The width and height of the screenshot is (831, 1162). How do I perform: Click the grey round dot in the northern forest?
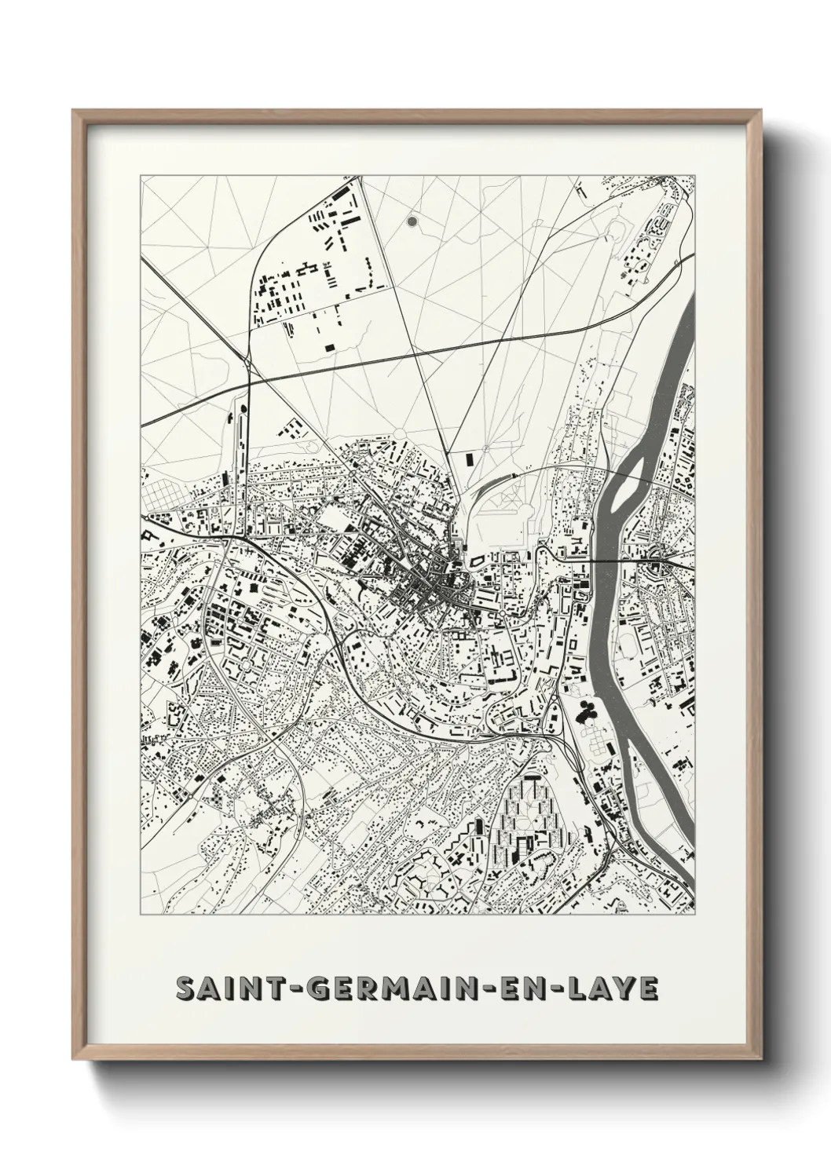click(x=412, y=222)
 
